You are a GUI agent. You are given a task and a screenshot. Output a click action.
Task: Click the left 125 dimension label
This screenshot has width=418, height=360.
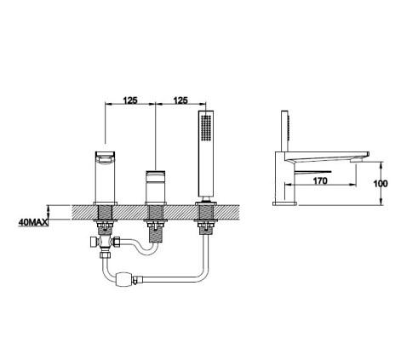[x=130, y=100]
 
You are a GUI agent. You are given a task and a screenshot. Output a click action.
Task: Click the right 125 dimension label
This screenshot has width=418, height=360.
[x=180, y=100]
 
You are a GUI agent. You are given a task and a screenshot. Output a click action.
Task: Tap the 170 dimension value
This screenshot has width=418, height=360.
[x=320, y=180]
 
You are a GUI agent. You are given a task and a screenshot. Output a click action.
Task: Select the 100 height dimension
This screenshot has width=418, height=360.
[x=381, y=184]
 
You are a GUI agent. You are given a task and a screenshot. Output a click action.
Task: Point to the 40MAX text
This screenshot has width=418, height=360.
[x=33, y=222]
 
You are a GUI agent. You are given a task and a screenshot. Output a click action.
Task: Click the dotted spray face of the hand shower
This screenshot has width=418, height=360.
[x=206, y=128]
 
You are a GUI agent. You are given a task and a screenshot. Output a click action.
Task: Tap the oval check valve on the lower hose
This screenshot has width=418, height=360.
[x=123, y=279]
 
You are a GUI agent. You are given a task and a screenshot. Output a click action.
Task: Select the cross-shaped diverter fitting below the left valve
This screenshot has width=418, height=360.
[x=105, y=243]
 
